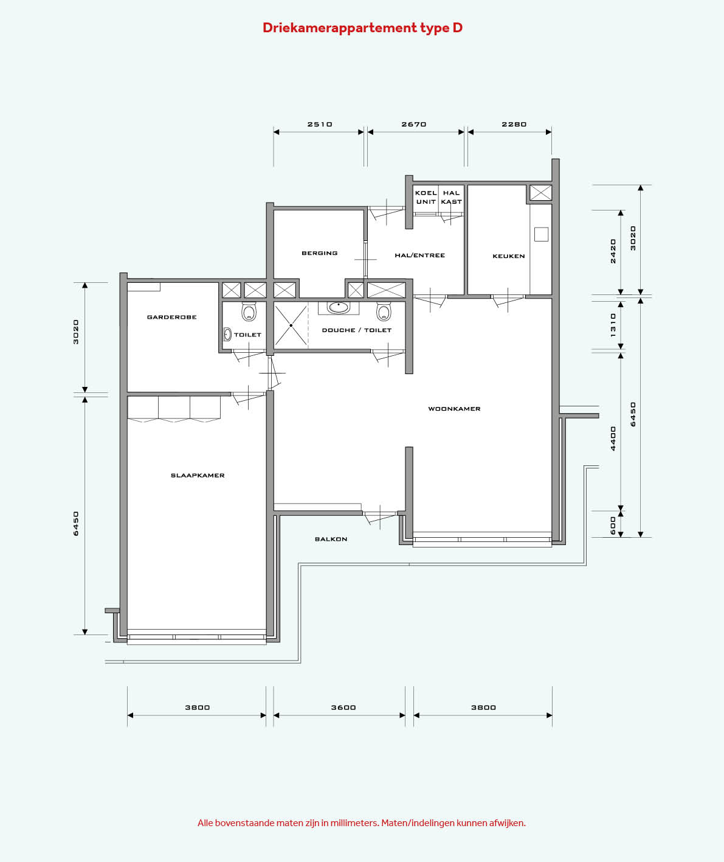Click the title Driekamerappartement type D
[x=362, y=28]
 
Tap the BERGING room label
[x=320, y=253]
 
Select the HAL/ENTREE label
[x=420, y=255]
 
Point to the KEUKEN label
[x=509, y=256]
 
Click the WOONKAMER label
[x=454, y=409]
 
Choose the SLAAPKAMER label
[x=198, y=475]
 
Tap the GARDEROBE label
[x=171, y=317]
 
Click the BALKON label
[x=331, y=539]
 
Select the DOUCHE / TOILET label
[x=357, y=330]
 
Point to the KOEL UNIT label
[x=426, y=197]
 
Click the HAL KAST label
[x=451, y=197]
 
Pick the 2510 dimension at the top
[x=320, y=124]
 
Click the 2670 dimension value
[x=414, y=124]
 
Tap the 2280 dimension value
[x=514, y=124]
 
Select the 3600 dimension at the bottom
[x=343, y=707]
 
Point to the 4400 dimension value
[x=613, y=439]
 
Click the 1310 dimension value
[x=613, y=325]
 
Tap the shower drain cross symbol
[x=291, y=325]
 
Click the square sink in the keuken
[x=541, y=234]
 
